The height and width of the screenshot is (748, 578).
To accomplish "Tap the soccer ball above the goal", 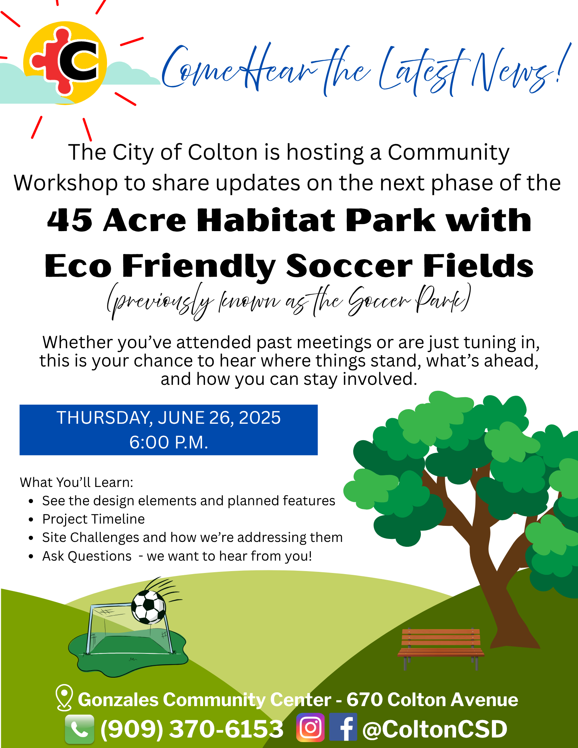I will (149, 607).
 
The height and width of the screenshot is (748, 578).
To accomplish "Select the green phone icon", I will (79, 729).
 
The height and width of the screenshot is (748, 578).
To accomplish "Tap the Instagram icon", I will (310, 727).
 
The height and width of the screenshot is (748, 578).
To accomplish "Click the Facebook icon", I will (343, 727).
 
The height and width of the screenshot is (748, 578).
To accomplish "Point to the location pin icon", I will (64, 697).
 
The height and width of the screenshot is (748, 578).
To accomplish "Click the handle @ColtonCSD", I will (435, 729).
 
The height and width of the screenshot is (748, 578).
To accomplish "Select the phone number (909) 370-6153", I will (192, 729).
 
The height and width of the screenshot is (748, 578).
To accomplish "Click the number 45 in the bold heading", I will (70, 220).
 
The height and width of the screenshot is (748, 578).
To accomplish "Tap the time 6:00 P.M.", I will (168, 442).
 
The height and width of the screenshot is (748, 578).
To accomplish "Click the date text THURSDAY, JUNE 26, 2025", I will (168, 418).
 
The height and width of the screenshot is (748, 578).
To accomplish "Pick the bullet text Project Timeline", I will (94, 519).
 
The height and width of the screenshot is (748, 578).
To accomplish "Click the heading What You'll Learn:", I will (77, 482).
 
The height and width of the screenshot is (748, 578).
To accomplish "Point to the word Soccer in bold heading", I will (349, 266).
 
